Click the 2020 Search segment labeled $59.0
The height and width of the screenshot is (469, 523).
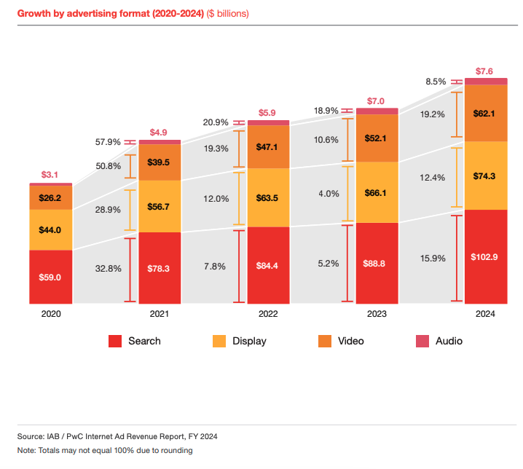(50, 277)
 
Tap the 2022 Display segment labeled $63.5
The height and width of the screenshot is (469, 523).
(269, 198)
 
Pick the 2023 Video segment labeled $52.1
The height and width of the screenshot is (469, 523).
(377, 138)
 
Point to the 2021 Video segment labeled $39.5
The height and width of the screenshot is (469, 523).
(160, 162)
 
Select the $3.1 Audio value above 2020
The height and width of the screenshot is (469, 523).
(50, 175)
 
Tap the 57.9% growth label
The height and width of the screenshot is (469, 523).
(109, 142)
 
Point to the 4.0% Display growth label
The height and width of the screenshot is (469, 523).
(329, 194)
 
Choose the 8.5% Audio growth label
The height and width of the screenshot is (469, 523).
(436, 82)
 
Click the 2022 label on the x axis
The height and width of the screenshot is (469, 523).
(269, 314)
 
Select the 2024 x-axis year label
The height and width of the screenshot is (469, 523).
(486, 314)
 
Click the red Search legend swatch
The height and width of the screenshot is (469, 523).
(115, 341)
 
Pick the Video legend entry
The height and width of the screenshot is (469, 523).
(342, 341)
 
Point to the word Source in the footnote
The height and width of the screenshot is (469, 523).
(31, 436)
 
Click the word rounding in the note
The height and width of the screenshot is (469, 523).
(177, 451)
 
